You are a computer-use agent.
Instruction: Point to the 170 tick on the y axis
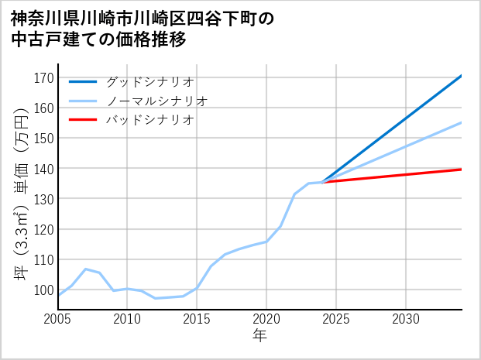[45, 77]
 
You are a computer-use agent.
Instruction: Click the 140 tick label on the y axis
[45, 169]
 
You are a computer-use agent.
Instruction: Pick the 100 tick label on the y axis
[45, 290]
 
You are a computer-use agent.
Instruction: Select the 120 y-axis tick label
[45, 230]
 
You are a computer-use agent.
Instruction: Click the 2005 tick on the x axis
[57, 319]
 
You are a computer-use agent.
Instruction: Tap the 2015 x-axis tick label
[197, 319]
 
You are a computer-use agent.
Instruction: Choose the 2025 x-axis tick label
[336, 319]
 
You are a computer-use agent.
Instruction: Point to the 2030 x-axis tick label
[406, 319]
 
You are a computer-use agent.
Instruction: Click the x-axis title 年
[259, 336]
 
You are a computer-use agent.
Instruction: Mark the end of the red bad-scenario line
[461, 169]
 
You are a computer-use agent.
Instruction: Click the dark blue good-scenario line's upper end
[461, 76]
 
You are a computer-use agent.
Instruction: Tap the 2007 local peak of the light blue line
[85, 269]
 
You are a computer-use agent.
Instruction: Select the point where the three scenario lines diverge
[322, 182]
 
